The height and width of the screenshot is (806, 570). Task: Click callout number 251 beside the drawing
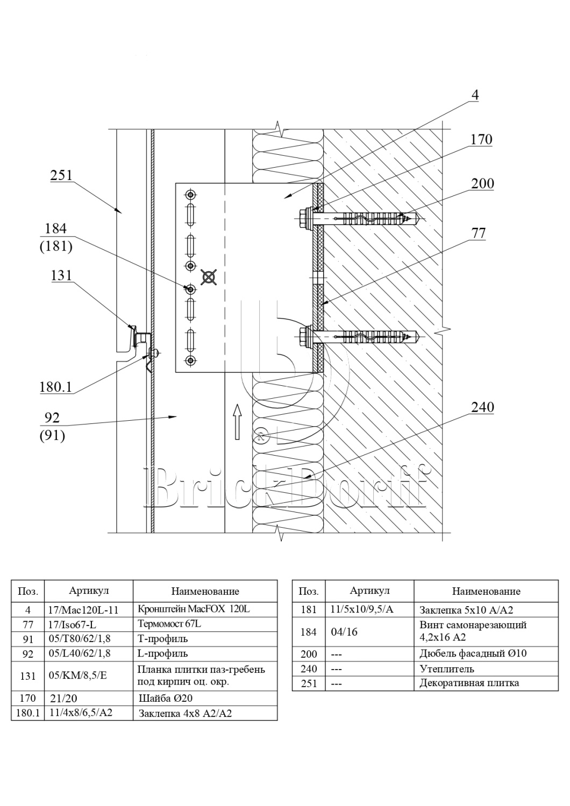61,176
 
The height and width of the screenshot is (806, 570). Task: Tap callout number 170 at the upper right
481,140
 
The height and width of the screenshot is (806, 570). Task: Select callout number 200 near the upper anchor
482,184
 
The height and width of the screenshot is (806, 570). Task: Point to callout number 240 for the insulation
482,407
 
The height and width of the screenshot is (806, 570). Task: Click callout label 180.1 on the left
55,387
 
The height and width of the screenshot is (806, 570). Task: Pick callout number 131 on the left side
61,276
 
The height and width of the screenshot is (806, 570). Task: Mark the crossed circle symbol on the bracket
208,277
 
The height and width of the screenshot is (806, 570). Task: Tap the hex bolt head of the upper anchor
302,218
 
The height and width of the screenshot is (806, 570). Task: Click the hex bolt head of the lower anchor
302,336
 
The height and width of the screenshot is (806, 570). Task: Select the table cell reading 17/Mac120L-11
83,610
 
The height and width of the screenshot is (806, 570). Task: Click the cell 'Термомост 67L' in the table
170,624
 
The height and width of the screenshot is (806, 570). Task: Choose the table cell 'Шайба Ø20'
166,698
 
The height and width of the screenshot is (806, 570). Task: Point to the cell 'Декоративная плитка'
469,683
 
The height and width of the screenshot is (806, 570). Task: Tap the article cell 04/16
345,632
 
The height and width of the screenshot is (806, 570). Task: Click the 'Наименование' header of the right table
486,591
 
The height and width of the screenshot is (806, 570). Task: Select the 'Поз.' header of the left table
28,592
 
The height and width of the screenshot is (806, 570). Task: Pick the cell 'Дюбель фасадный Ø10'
473,654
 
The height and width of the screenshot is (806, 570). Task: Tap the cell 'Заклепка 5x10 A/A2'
466,610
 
